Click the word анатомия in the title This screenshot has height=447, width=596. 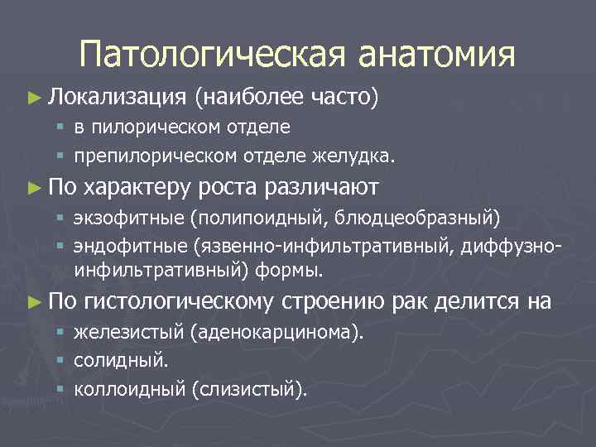coord(436,55)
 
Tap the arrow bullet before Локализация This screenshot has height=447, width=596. coord(33,99)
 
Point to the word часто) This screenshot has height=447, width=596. coord(342,99)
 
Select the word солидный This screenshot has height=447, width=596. coord(120,361)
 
